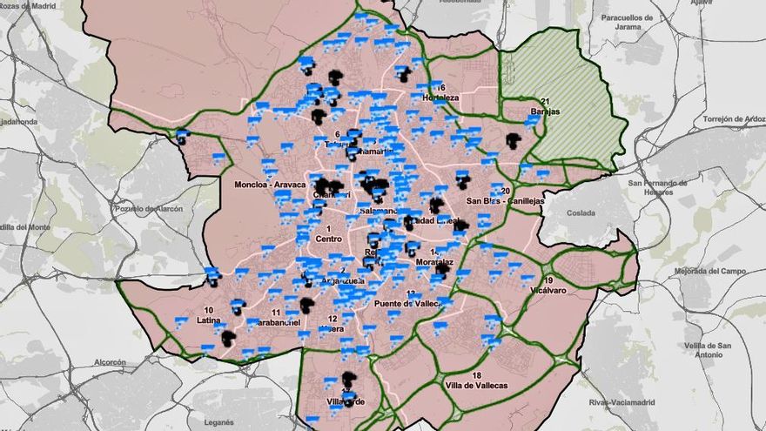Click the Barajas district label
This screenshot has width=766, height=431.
[544, 112]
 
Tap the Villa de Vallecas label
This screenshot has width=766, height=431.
[476, 385]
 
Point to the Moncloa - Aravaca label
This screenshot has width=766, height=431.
[270, 185]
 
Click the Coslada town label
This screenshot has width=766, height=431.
[581, 212]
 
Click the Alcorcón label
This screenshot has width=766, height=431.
[110, 362]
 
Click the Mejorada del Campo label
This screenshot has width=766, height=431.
[712, 271]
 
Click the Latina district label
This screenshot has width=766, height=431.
[209, 320]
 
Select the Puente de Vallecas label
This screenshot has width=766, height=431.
[410, 303]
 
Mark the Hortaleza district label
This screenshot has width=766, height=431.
[440, 98]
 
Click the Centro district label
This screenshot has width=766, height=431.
[329, 238]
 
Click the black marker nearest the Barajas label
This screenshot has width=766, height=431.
[514, 139]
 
